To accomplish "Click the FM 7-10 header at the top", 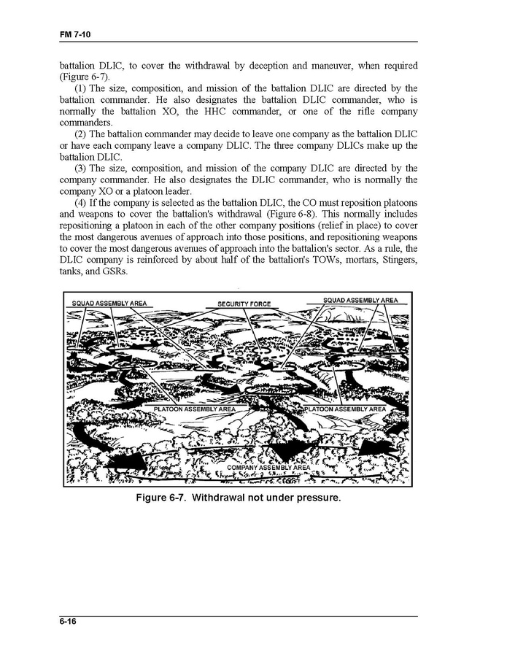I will pos(75,35).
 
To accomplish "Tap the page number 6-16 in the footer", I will pos(69,621).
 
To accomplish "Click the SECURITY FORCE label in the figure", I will pos(244,304).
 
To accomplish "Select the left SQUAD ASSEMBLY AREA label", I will pos(109,303).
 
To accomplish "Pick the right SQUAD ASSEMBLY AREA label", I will pos(360,300).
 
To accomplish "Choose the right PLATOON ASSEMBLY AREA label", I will pos(344,409).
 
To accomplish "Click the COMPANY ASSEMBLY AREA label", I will pos(268,467).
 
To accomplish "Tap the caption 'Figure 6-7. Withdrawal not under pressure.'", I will pos(239,499).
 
